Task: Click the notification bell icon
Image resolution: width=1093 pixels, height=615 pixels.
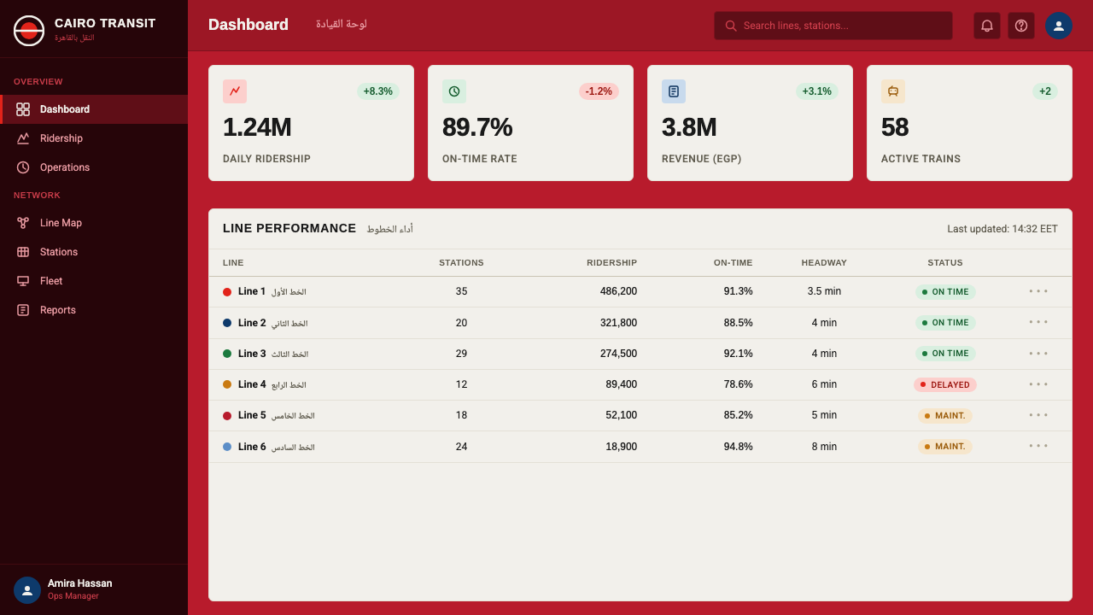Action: click(x=986, y=26)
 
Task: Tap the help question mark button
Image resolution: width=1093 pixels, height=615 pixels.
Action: click(x=1020, y=26)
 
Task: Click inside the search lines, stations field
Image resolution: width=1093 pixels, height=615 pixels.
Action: click(x=833, y=26)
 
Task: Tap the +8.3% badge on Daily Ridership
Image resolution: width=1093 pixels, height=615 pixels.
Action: click(x=377, y=91)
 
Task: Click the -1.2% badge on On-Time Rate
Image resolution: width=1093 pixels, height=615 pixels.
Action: click(x=599, y=91)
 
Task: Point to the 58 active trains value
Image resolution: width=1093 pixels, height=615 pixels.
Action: click(x=895, y=127)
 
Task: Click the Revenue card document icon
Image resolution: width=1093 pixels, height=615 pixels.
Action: click(x=674, y=91)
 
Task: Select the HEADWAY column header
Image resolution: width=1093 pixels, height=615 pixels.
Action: click(x=824, y=262)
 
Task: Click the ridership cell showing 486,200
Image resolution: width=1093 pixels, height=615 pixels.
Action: click(x=618, y=291)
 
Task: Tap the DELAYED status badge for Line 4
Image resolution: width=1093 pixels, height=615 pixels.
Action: click(x=945, y=384)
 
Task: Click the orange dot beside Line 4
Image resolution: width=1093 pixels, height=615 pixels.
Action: click(x=227, y=384)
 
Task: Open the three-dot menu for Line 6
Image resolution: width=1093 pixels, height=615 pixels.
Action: click(x=1038, y=446)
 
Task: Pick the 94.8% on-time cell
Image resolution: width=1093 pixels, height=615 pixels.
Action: click(x=738, y=447)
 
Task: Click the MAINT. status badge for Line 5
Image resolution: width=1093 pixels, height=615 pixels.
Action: click(x=945, y=416)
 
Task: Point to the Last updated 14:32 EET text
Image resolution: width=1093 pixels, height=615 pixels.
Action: click(x=1002, y=229)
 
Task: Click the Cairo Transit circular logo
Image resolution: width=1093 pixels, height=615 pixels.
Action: click(x=29, y=30)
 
